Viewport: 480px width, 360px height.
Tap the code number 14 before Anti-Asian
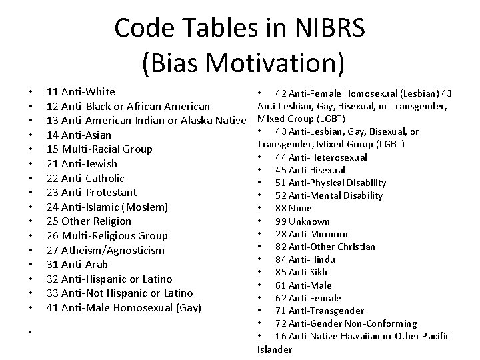pos(53,135)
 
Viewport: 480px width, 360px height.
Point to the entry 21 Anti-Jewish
pos(82,163)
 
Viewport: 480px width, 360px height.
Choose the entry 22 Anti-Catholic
pos(85,178)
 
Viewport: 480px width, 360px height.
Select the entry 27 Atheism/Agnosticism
pos(105,250)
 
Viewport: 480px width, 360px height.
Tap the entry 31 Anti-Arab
pos(77,264)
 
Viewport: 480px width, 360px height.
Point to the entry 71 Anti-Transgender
pos(319,311)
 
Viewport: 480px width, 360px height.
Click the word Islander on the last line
pos(274,349)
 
